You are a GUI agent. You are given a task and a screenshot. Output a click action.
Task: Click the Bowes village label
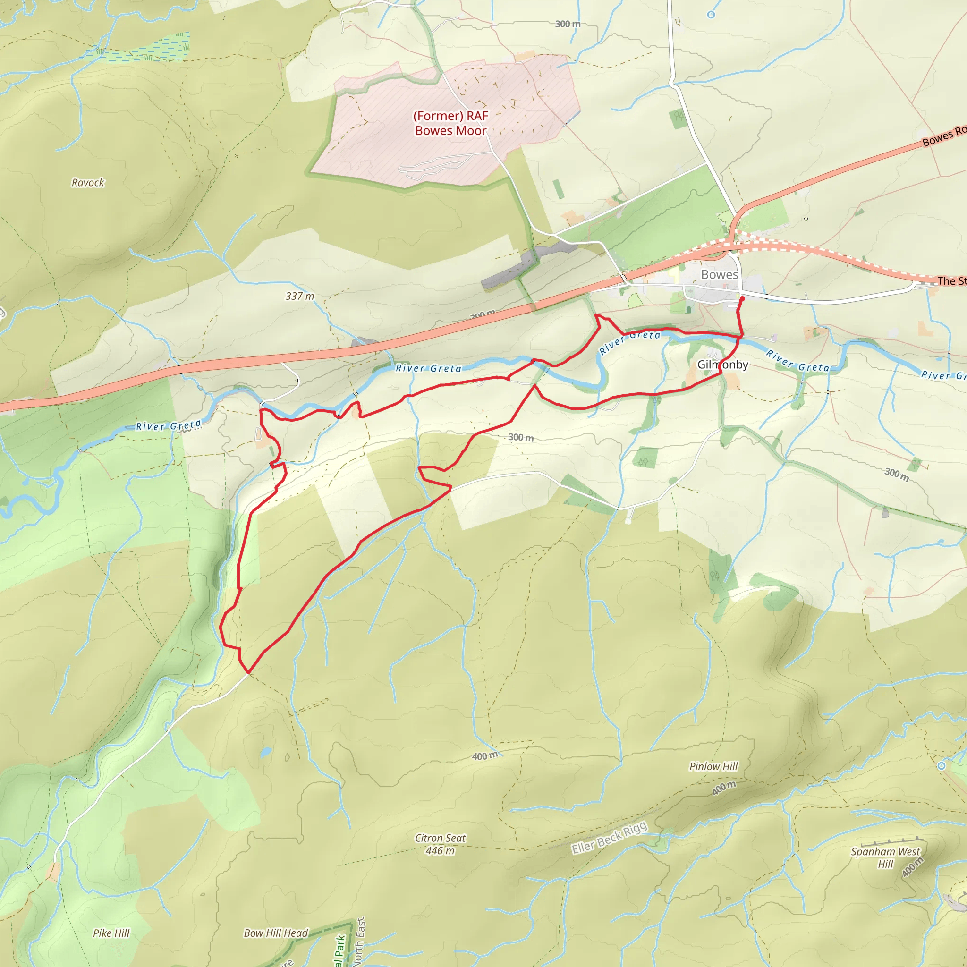tap(719, 274)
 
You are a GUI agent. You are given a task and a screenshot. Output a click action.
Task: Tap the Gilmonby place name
tap(722, 365)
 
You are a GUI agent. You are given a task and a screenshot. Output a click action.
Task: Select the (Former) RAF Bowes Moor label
tap(450, 123)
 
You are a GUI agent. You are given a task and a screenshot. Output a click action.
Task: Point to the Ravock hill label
tap(88, 183)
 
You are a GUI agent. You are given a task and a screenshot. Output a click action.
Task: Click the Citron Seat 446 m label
tap(440, 844)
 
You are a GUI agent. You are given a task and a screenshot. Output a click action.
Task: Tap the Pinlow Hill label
tap(713, 766)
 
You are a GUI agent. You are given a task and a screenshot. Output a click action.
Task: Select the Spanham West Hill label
tap(885, 857)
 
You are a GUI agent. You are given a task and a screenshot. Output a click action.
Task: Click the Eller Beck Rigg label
tap(609, 838)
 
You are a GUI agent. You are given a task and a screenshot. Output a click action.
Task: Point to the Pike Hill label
tap(111, 933)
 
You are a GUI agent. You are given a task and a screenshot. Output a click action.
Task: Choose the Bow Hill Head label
tap(276, 933)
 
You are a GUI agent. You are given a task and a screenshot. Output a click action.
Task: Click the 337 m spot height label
tap(300, 297)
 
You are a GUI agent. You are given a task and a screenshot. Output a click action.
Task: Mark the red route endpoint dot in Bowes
tap(742, 299)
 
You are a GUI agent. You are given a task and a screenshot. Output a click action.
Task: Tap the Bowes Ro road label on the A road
tap(943, 136)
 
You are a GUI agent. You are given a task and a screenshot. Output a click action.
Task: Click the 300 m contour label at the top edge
tap(568, 24)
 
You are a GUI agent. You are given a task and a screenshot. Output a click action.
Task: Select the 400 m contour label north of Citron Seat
tap(484, 756)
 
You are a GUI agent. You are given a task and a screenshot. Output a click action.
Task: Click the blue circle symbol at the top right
tap(711, 15)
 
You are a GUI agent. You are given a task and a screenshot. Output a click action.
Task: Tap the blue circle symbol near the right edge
tap(942, 766)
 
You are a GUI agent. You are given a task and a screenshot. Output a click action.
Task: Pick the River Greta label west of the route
tap(168, 426)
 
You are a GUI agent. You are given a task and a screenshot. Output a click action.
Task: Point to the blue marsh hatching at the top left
tap(150, 48)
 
